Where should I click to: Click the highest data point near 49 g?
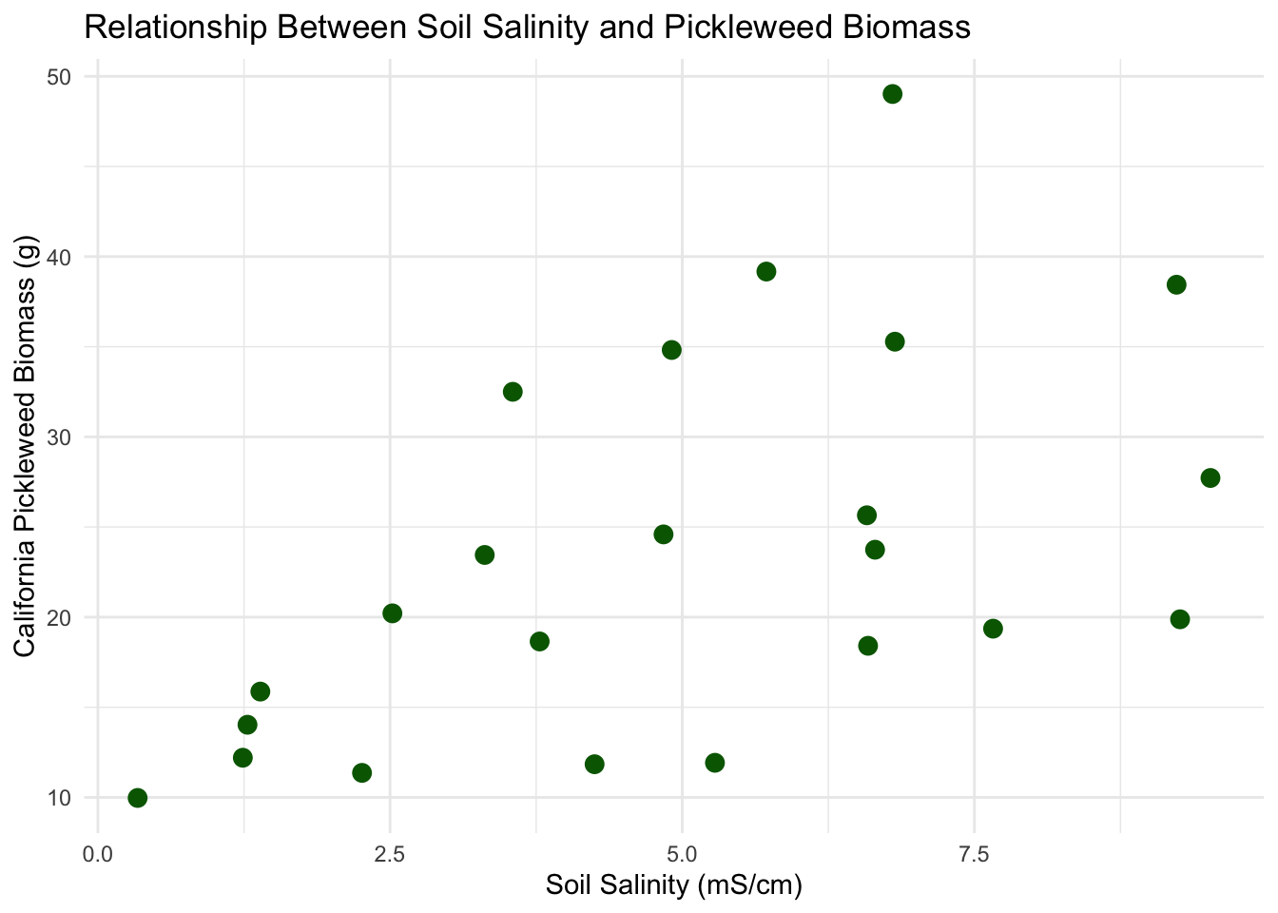pos(892,93)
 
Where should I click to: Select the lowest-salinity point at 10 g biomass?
pos(138,797)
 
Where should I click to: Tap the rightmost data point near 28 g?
pos(1210,477)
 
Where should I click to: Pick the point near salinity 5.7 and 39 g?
pos(766,271)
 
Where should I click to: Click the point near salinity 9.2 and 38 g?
pos(1176,284)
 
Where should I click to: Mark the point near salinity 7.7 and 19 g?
pos(993,629)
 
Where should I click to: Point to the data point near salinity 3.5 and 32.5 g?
pos(513,392)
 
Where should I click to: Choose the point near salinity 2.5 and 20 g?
pos(392,613)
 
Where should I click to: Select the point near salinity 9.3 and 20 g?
pos(1180,619)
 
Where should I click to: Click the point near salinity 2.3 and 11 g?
pos(361,772)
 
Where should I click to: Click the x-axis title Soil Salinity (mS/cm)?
pos(674,886)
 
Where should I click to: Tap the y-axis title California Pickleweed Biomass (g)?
pos(26,445)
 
